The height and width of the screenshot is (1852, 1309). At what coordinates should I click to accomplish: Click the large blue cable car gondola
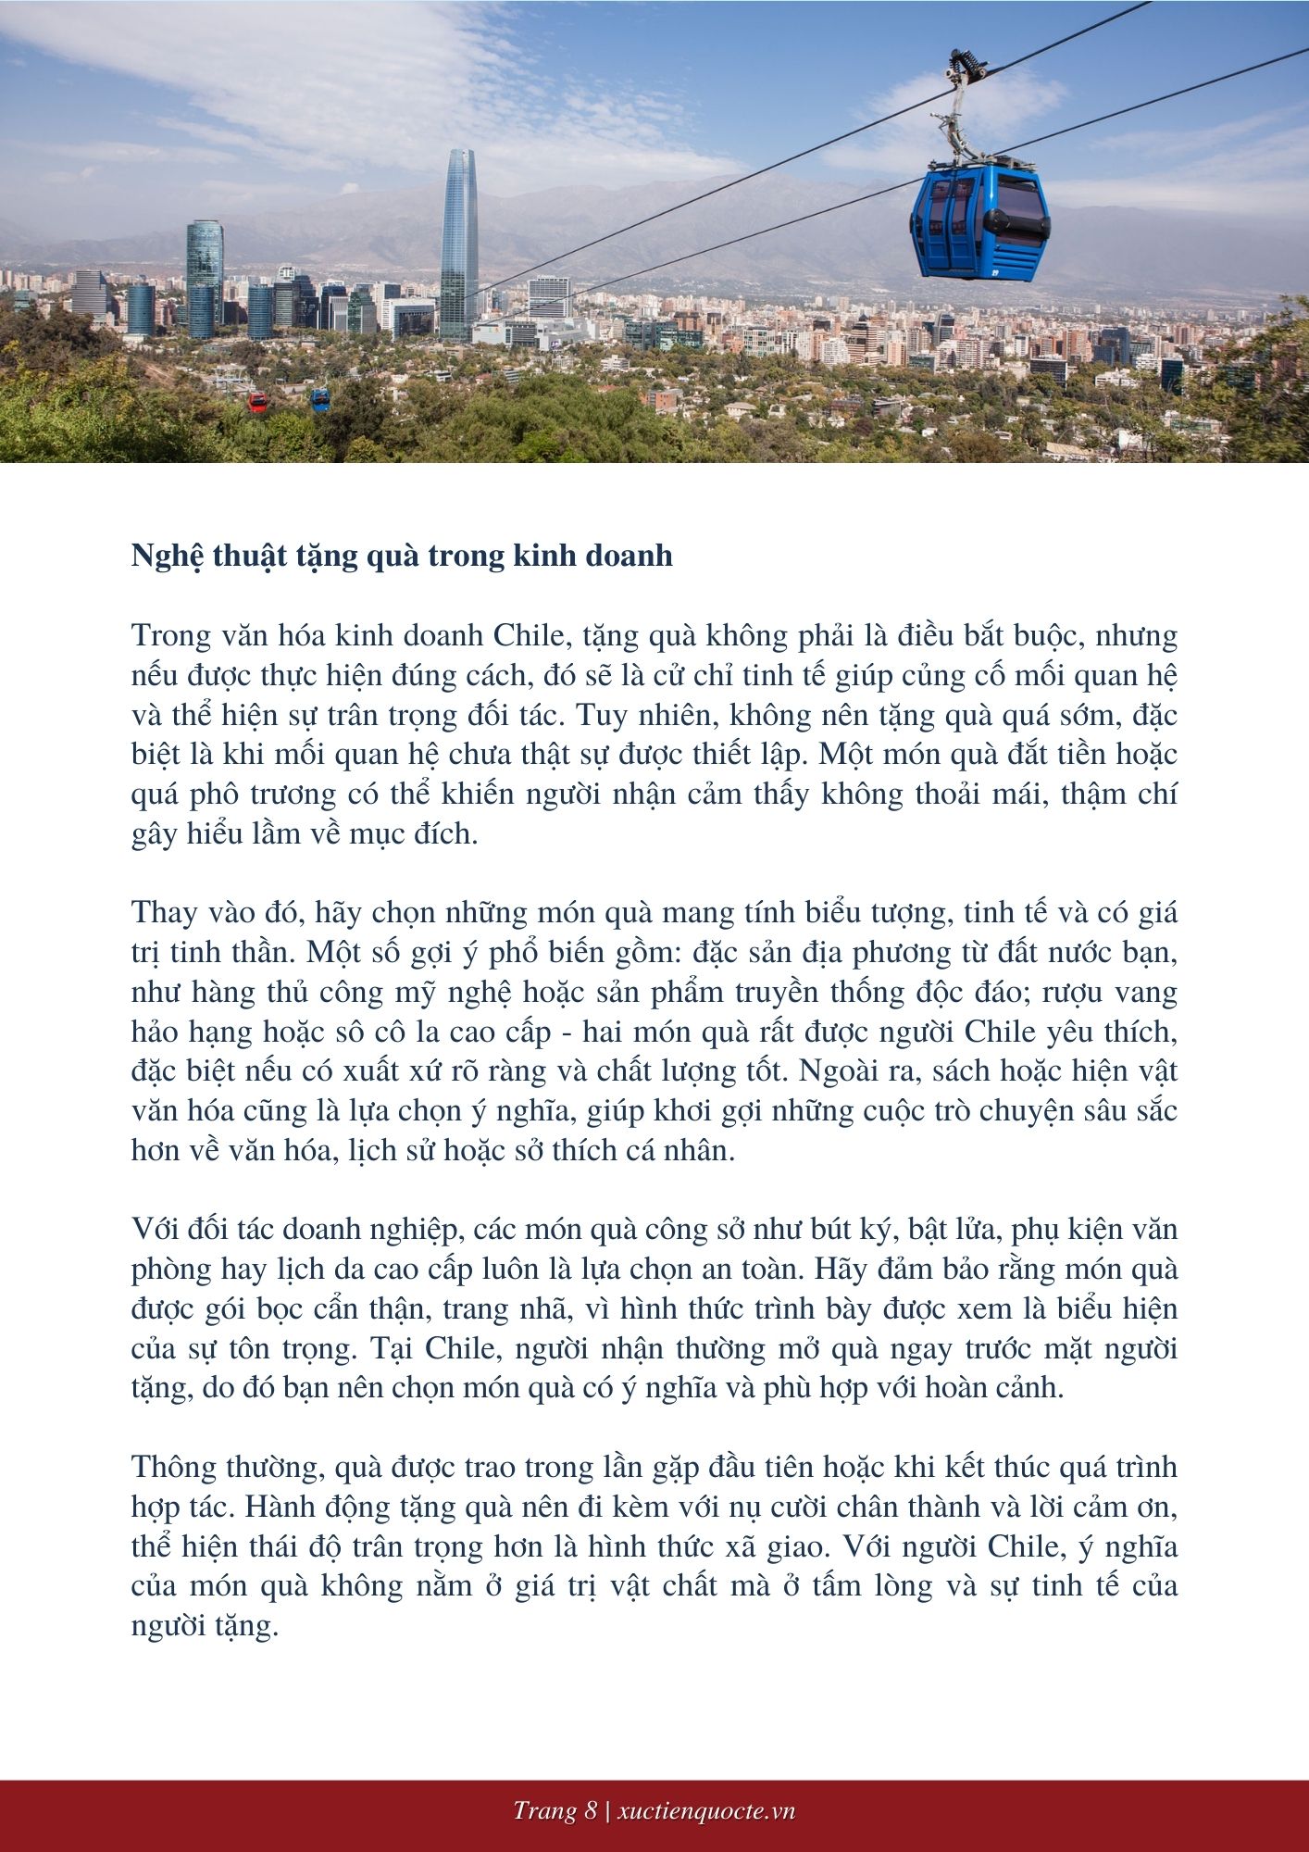coord(979,222)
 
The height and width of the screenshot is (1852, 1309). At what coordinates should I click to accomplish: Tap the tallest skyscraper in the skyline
coord(459,245)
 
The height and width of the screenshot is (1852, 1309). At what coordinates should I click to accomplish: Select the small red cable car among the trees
coord(257,402)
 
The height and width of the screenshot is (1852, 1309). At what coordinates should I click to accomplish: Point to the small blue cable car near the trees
coord(319,399)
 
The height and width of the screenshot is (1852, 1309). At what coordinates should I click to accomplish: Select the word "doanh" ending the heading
coord(630,556)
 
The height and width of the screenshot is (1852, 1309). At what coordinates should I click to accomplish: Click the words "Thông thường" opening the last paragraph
coord(226,1468)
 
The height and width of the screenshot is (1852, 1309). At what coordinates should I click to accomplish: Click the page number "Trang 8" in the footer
coord(555,1811)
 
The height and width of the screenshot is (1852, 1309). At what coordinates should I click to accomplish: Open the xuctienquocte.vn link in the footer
coord(705,1811)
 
